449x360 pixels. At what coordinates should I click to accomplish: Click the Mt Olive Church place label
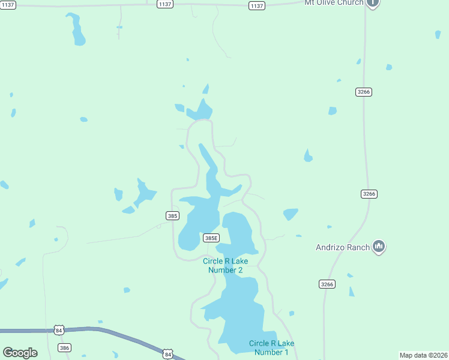point(334,3)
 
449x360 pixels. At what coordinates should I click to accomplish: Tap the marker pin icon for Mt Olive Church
point(373,3)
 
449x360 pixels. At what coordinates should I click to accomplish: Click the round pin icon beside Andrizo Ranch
point(378,246)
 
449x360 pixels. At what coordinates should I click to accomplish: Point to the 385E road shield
point(211,238)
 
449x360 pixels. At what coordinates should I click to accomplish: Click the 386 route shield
point(65,348)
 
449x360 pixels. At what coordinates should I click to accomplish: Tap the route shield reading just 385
point(172,215)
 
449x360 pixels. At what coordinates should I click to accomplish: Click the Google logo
point(20,353)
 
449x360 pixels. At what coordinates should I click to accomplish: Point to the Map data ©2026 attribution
point(423,355)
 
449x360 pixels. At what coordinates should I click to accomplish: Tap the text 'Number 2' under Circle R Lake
point(225,270)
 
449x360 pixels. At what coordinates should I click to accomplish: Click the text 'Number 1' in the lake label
point(271,352)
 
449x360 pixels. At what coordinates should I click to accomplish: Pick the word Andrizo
point(328,247)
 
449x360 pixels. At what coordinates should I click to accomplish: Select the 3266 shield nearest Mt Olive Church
point(364,92)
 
